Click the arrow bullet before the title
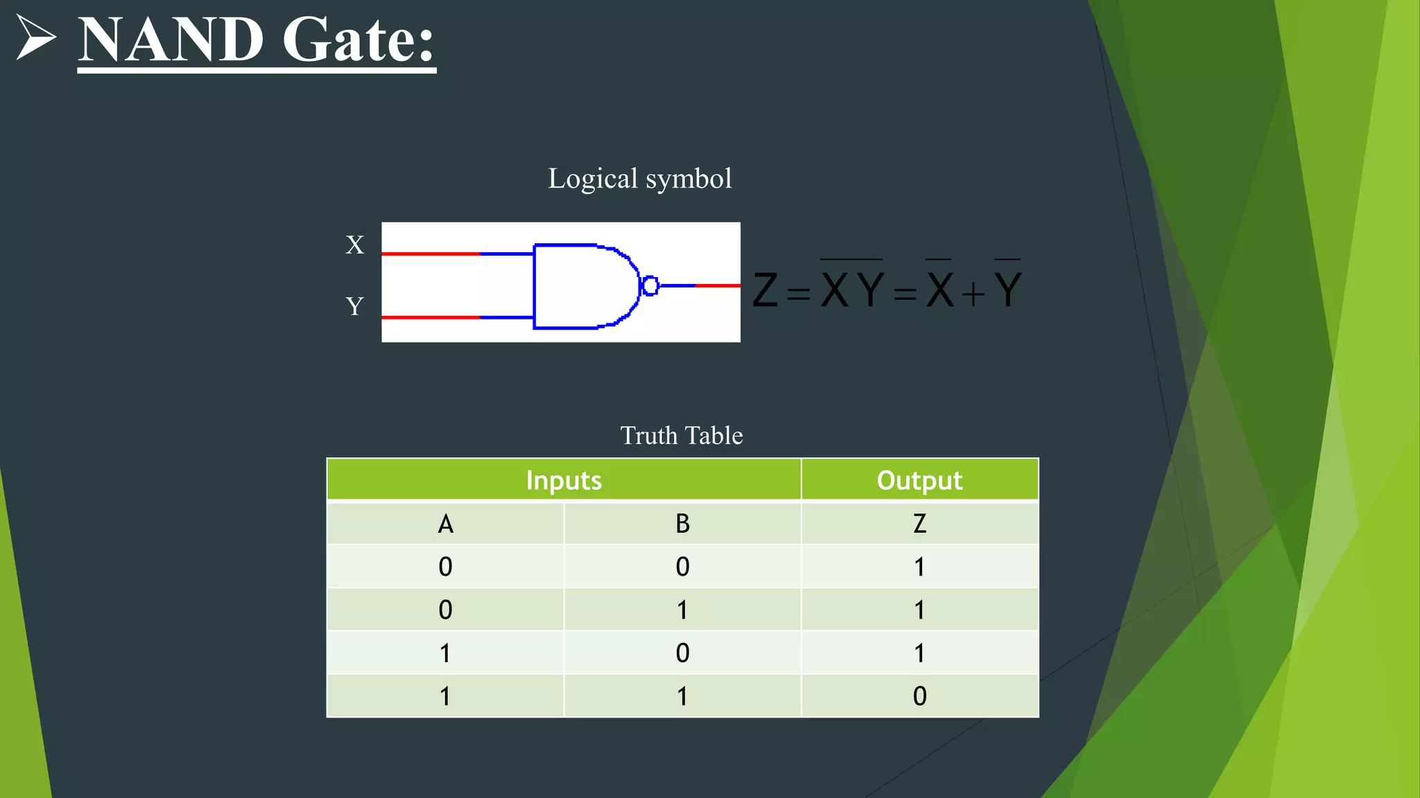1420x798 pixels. tap(35, 37)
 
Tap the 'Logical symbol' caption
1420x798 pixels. tap(639, 179)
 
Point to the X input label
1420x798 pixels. tap(354, 245)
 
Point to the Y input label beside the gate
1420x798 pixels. tap(354, 305)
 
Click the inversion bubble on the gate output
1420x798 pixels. tap(650, 285)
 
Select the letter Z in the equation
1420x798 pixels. tap(765, 290)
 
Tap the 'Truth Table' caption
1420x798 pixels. tap(681, 436)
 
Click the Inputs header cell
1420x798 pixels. tap(564, 480)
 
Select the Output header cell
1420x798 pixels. tap(919, 480)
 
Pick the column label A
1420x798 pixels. tap(445, 524)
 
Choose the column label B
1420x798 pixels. tap(682, 524)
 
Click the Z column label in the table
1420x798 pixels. tap(919, 524)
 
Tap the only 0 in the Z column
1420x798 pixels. tap(919, 696)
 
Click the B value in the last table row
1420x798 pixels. tap(682, 696)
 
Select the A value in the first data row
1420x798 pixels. tap(445, 567)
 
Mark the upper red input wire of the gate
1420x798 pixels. tap(430, 254)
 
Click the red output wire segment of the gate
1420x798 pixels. tap(718, 285)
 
